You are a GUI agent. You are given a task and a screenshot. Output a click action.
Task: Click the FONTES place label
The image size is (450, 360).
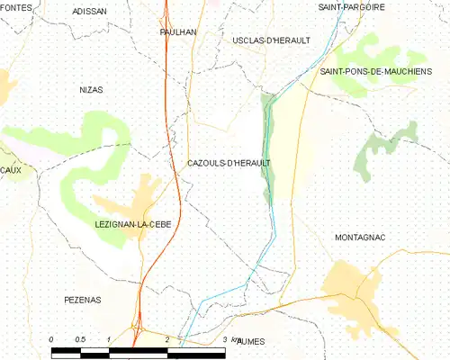click(x=17, y=7)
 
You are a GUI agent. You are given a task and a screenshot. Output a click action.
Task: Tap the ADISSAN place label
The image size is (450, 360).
click(x=89, y=12)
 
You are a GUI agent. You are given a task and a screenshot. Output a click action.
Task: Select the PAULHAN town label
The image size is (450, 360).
click(x=177, y=31)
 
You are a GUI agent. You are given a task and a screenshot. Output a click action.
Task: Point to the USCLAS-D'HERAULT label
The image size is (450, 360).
click(x=271, y=40)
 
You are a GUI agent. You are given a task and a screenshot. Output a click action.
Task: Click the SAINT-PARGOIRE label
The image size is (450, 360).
click(x=352, y=7)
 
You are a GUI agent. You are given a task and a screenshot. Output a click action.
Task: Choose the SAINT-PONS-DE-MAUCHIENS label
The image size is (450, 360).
click(x=375, y=70)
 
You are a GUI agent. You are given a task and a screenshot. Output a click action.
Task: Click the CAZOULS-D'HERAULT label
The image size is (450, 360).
click(x=229, y=163)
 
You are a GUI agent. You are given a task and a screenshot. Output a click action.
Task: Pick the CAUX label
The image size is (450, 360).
click(x=11, y=170)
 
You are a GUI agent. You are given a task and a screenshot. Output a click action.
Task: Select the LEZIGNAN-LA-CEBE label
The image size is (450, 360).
click(x=132, y=223)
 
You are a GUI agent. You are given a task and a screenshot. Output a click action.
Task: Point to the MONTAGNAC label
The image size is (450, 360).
click(x=360, y=237)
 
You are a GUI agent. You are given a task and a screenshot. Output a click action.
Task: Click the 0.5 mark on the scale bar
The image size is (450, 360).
click(x=80, y=339)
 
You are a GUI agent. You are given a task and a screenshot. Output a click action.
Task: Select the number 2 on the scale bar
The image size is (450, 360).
click(x=167, y=339)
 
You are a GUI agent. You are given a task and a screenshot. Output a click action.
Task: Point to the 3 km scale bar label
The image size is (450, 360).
click(x=230, y=339)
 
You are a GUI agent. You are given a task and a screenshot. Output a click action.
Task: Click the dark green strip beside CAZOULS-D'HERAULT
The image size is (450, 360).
click(x=266, y=144)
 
